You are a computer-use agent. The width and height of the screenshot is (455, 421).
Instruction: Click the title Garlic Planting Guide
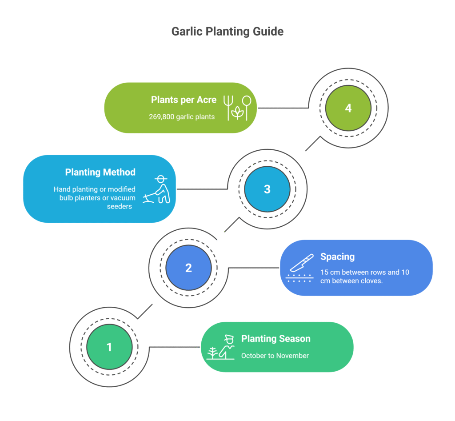(227, 32)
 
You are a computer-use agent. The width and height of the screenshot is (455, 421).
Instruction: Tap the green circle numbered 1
(109, 347)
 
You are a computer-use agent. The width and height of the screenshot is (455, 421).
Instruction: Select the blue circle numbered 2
(188, 268)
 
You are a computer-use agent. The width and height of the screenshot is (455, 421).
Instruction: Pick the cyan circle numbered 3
(267, 189)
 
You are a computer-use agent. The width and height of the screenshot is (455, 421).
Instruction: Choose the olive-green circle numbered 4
(348, 108)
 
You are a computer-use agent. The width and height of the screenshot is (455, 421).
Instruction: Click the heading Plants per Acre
(184, 100)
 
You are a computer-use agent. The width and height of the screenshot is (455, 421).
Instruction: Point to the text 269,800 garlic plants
(182, 117)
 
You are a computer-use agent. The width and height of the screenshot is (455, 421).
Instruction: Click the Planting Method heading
(100, 172)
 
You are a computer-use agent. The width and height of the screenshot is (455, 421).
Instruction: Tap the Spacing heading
(337, 257)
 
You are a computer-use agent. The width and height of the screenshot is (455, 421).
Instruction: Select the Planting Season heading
(275, 339)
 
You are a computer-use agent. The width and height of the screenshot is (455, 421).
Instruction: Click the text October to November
(275, 356)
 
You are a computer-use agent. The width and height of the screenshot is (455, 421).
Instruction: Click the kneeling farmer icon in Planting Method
(156, 189)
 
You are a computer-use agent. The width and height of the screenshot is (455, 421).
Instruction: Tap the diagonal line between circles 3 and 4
(312, 144)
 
